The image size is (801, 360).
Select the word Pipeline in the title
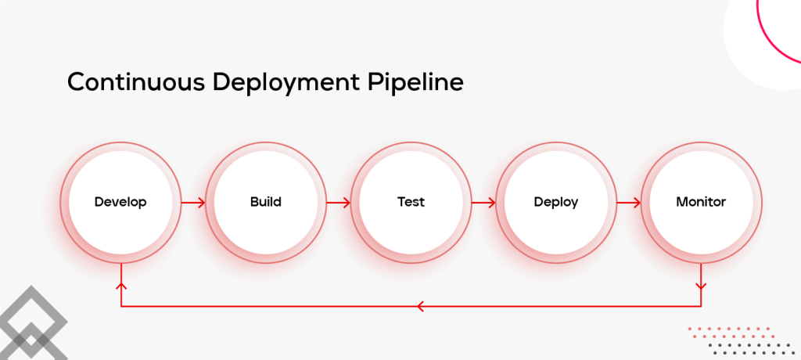(419, 83)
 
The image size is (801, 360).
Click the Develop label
(120, 202)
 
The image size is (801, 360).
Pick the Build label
(265, 202)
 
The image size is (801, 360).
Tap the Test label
(411, 202)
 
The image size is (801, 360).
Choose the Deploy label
(555, 202)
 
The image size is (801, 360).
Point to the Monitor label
(701, 202)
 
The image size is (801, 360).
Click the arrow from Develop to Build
(193, 203)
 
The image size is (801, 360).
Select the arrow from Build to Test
(338, 203)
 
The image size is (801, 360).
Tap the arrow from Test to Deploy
(483, 203)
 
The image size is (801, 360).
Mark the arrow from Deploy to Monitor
(628, 203)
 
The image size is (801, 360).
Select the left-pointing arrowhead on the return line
(420, 306)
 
